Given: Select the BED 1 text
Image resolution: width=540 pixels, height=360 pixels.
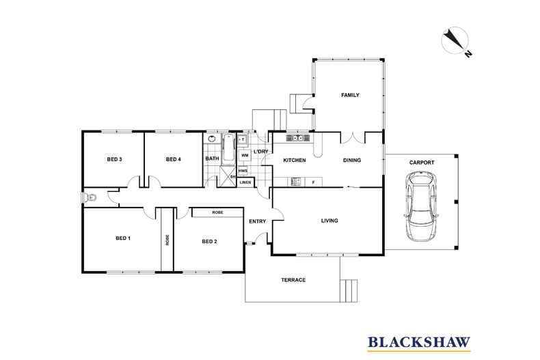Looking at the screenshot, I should (x=123, y=238).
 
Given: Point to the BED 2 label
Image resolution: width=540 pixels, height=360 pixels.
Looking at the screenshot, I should (x=209, y=241).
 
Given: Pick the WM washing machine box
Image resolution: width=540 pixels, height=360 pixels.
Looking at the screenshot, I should (x=244, y=156).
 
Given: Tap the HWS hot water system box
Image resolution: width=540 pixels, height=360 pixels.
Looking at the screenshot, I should (x=243, y=171).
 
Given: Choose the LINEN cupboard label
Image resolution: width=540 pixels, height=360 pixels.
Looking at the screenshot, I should (x=245, y=182).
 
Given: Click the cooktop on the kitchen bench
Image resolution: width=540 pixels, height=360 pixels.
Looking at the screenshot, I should (x=295, y=181).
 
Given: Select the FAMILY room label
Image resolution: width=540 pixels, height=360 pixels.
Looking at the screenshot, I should (x=350, y=95).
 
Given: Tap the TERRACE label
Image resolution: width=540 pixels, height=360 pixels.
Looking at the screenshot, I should (x=293, y=280).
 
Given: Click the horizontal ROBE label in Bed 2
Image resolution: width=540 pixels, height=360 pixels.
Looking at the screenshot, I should (x=217, y=213).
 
